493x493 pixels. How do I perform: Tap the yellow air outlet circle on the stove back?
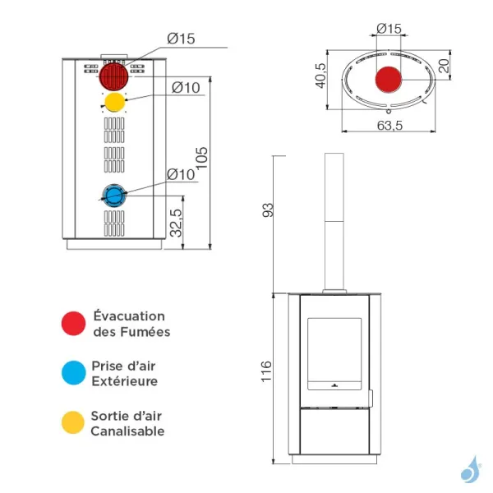click(x=115, y=103)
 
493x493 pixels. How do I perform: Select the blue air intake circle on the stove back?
click(x=113, y=195)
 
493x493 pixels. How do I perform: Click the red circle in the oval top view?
click(x=389, y=81)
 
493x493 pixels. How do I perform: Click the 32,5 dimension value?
click(x=176, y=222)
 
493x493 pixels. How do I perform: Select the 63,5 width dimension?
click(x=388, y=126)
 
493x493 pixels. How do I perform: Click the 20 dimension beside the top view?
click(x=445, y=67)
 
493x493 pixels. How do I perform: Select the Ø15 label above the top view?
click(x=389, y=29)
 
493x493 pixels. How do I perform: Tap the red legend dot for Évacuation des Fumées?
click(x=74, y=324)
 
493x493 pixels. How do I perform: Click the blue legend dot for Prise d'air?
click(x=74, y=373)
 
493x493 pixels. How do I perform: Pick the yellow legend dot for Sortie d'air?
click(x=74, y=422)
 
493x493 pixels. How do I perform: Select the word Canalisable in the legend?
click(x=127, y=431)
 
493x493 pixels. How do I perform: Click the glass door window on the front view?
click(x=334, y=353)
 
